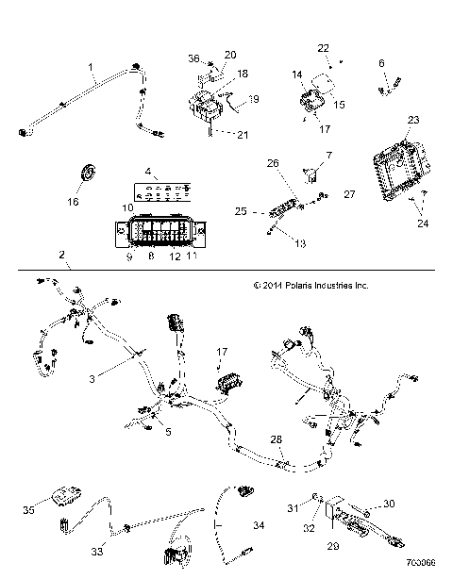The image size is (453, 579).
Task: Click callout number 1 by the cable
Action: (x=92, y=68)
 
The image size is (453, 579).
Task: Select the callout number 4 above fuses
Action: (x=149, y=171)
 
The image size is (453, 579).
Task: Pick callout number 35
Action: (x=29, y=510)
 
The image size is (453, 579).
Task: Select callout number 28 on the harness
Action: (x=277, y=439)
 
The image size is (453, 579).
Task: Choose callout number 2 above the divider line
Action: (x=61, y=255)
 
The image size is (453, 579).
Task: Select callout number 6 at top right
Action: (x=382, y=63)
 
